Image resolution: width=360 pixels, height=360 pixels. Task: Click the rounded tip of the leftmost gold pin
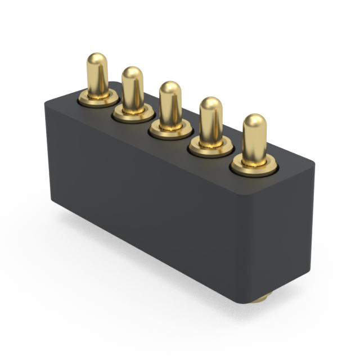click(x=97, y=58)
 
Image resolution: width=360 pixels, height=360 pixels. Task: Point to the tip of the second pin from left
click(x=132, y=72)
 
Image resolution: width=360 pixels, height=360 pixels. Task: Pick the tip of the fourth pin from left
click(x=211, y=103)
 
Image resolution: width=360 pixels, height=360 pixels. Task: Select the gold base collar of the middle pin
click(x=170, y=130)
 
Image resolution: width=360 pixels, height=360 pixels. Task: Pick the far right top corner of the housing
click(x=314, y=164)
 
